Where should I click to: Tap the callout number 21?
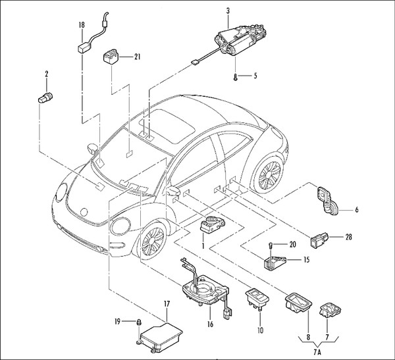click(137, 57)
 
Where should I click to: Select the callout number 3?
click(228, 11)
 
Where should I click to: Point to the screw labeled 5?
click(236, 77)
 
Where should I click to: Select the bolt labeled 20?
click(271, 246)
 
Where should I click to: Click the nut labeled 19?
click(139, 321)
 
